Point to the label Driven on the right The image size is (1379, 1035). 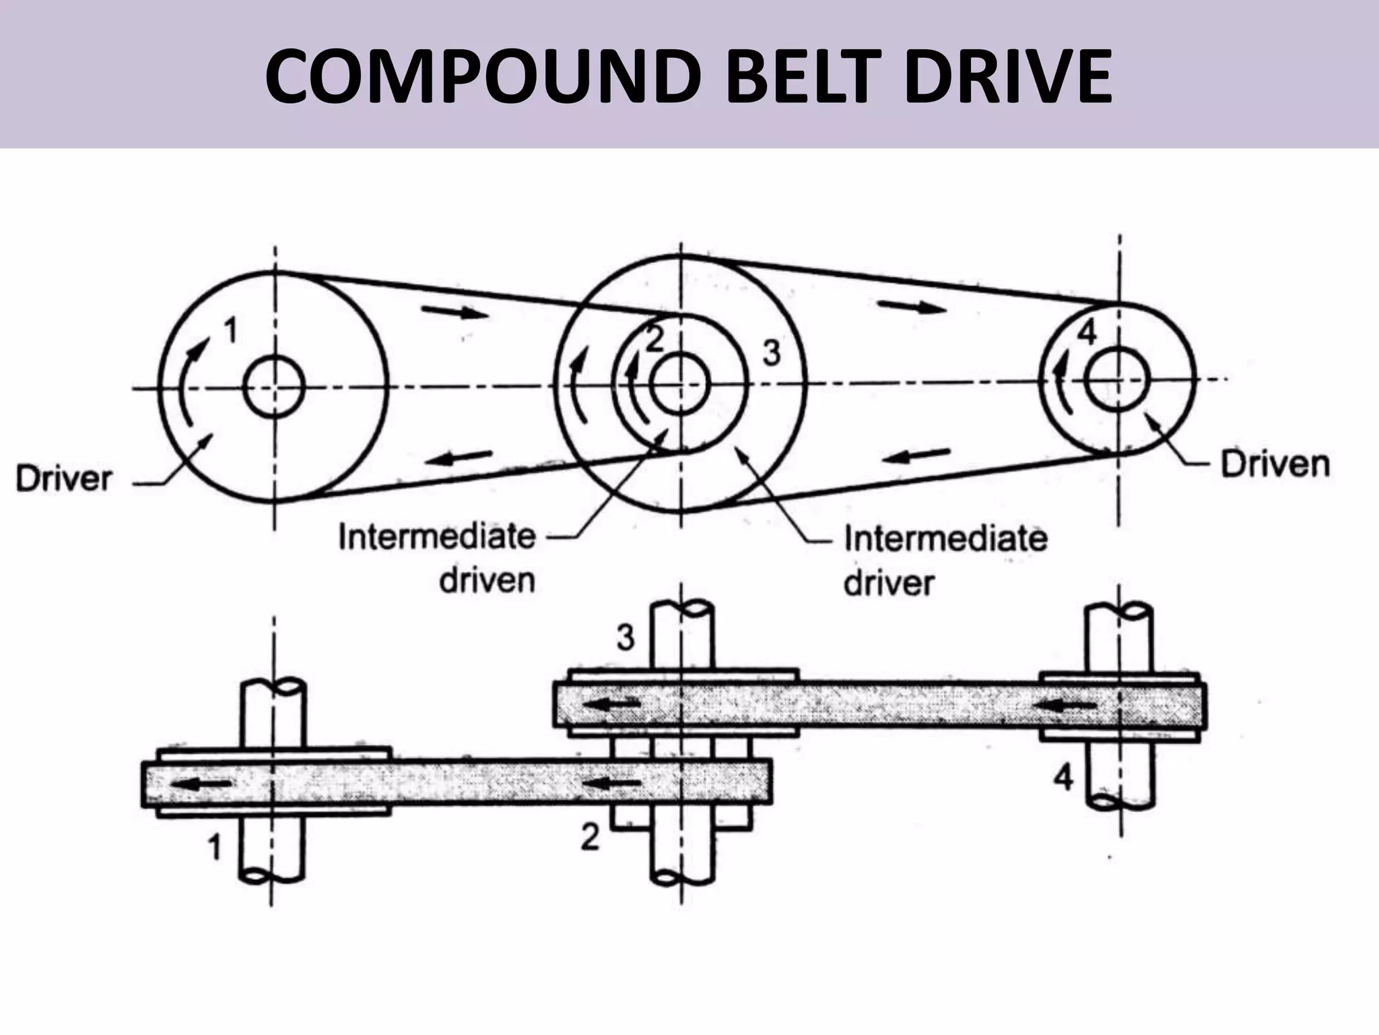pos(1275,465)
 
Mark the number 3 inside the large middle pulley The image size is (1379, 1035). pos(771,353)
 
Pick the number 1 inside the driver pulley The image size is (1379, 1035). pos(230,330)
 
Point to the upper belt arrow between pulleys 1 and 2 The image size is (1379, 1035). pos(455,311)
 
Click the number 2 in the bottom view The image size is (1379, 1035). pos(589,838)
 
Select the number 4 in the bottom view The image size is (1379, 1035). pos(1063,779)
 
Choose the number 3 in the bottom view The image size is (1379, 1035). pos(626,637)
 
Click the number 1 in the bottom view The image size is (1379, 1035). pos(214,847)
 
